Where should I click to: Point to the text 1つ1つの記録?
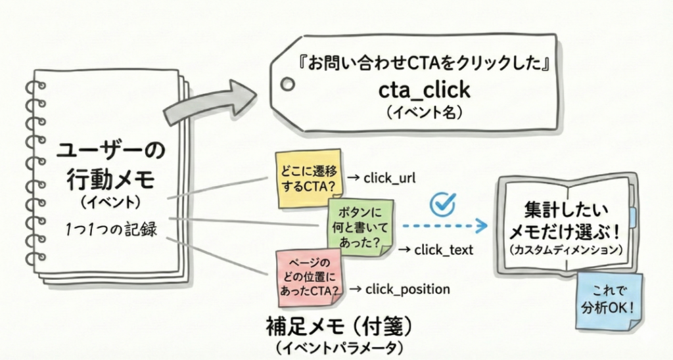111,230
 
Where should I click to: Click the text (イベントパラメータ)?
335,346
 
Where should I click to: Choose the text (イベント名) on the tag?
424,112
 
